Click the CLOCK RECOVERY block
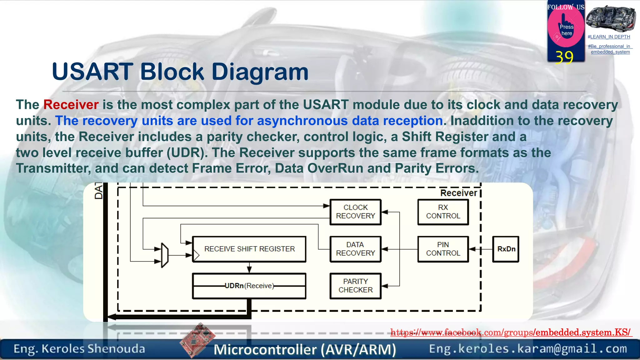click(355, 212)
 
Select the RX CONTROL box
click(443, 212)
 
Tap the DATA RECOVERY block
click(355, 249)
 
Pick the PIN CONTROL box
click(443, 249)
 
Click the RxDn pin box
click(506, 249)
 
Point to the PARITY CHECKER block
click(355, 286)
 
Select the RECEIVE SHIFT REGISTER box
click(249, 249)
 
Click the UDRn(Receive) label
click(249, 286)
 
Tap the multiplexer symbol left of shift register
click(165, 255)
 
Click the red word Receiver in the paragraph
click(71, 105)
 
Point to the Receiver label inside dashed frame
click(458, 193)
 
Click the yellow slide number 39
click(564, 57)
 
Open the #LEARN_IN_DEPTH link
click(609, 37)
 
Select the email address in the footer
click(528, 349)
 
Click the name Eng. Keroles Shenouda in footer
click(79, 349)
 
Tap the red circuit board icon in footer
click(197, 340)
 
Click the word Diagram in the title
click(260, 72)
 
